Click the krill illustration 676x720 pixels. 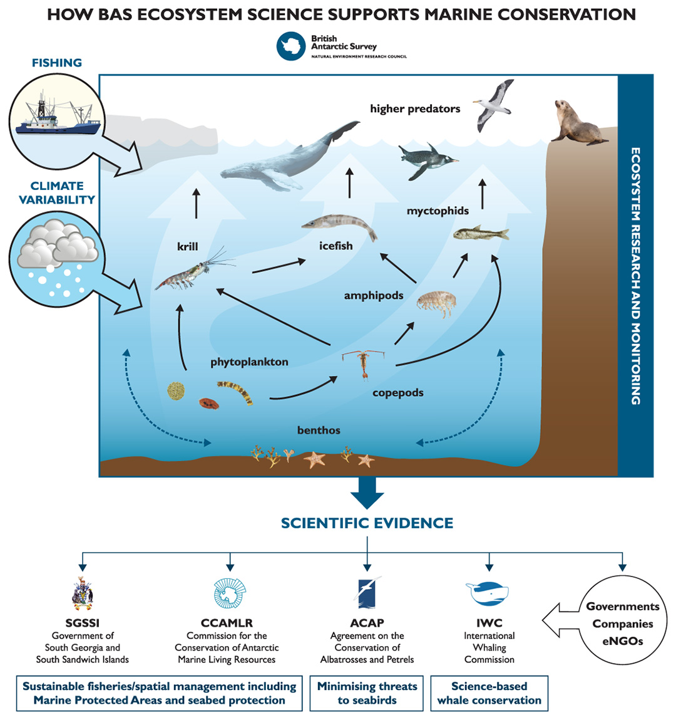click(192, 273)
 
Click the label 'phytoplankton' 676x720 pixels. click(249, 362)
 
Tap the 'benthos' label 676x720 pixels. click(319, 430)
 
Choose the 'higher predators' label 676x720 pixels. click(415, 109)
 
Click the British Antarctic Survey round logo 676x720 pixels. click(291, 46)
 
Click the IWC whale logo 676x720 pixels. click(488, 593)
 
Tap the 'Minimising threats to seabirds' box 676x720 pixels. click(367, 693)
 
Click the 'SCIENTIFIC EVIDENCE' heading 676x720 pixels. click(367, 523)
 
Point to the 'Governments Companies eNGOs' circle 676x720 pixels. click(622, 623)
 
